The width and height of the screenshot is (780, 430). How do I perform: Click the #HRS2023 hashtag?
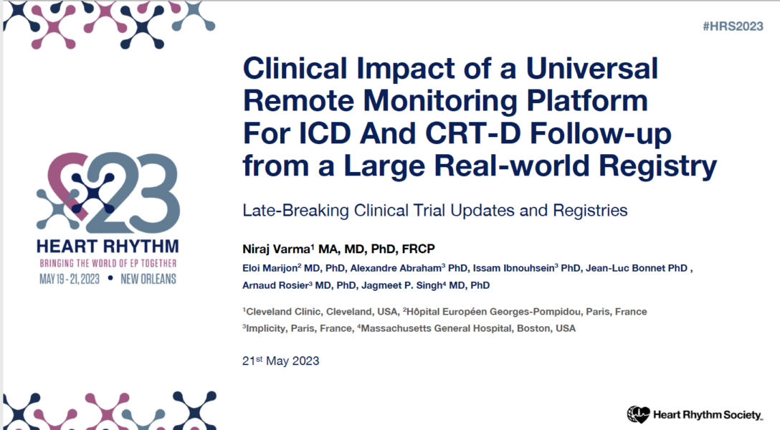coord(733,27)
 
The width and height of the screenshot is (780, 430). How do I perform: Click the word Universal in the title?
coord(592,68)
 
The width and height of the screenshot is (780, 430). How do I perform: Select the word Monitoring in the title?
coord(440,102)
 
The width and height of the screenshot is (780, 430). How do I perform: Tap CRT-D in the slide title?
coord(472,133)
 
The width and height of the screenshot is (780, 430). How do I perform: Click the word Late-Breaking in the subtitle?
coord(295,210)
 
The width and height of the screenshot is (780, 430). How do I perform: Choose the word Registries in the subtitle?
coord(590,210)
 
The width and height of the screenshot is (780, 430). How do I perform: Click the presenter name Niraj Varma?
coord(277,249)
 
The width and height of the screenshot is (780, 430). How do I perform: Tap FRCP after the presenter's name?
coord(419,249)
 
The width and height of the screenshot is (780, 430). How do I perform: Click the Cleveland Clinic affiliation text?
coord(281,312)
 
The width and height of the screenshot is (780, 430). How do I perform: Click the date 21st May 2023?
coord(280,360)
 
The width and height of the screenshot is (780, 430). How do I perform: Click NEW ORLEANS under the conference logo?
coord(148,279)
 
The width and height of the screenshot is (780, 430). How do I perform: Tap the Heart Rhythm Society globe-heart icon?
coord(638,414)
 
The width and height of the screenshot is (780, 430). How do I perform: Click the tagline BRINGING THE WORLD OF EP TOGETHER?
coord(108,263)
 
